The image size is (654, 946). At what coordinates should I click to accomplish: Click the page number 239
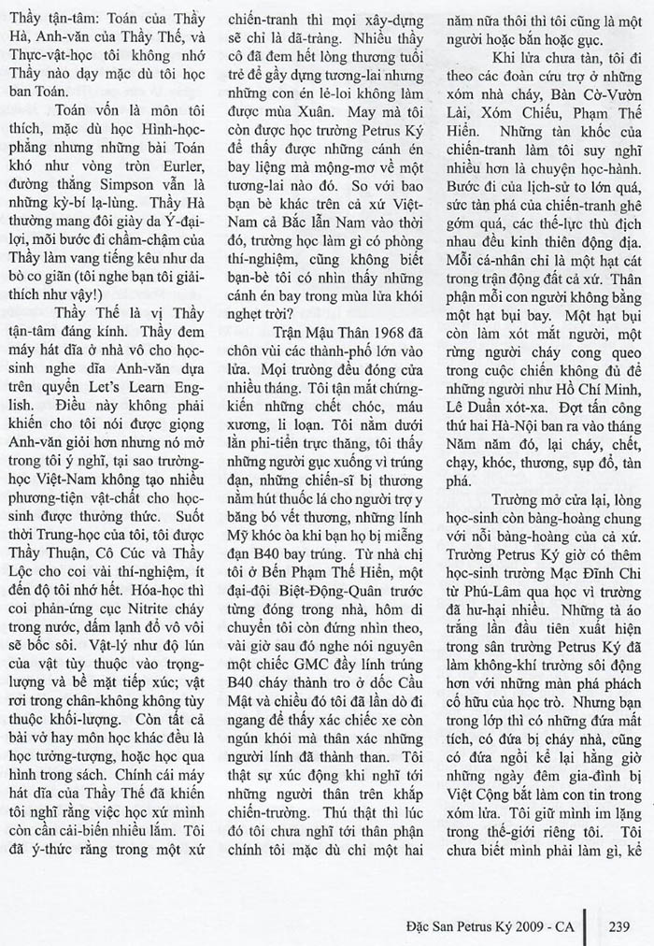coord(619,926)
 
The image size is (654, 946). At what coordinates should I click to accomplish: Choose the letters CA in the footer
coord(573,926)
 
